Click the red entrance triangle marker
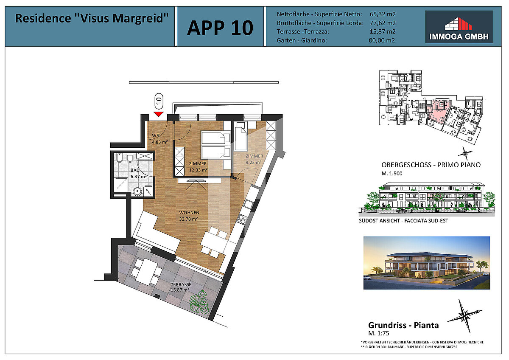point(158,114)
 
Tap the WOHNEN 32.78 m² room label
point(189,216)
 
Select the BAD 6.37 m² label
point(138,173)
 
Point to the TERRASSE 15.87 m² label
point(181,287)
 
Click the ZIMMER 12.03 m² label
point(198,167)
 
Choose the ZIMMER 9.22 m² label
point(254,159)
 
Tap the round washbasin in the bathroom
point(137,191)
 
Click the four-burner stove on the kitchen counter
point(242,219)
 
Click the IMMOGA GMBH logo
point(459,27)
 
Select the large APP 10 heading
point(220,28)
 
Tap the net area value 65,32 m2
point(383,14)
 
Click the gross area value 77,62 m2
point(383,23)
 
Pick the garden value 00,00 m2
point(382,40)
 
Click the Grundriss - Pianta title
point(403,325)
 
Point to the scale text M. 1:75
point(378,333)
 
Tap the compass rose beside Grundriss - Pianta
point(465,316)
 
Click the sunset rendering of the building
point(427,263)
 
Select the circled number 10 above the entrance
point(159,101)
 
